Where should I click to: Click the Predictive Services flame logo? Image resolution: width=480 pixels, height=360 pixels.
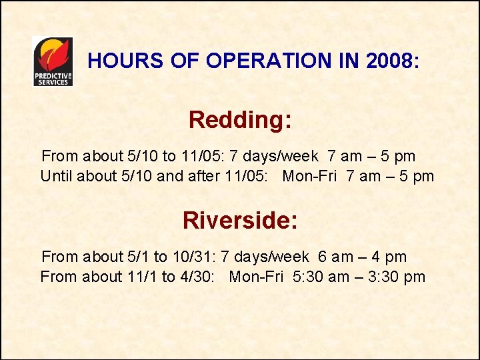[53, 61]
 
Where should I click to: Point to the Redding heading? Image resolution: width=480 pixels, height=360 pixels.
[240, 120]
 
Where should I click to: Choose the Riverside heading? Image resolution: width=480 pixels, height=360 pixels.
[240, 220]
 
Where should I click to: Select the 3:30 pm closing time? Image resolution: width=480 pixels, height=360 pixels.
[394, 277]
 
